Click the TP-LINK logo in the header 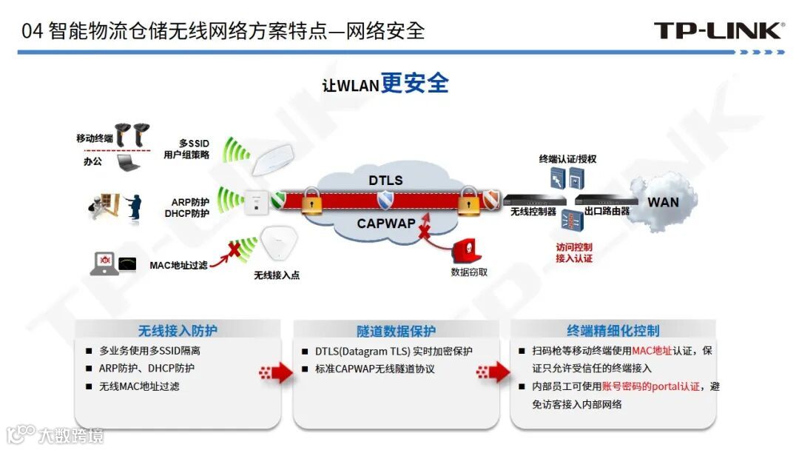tap(718, 30)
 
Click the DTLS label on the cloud tap(385, 181)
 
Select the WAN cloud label tap(663, 202)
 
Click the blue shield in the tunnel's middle tap(385, 201)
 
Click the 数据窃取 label tap(469, 272)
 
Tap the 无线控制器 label tap(533, 212)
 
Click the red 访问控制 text tap(574, 247)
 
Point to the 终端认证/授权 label tap(567, 159)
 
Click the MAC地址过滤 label tap(178, 265)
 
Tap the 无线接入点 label tap(277, 275)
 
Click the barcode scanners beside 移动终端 tap(133, 133)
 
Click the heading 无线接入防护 tap(178, 331)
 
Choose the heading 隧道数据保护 tap(396, 331)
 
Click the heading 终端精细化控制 tap(613, 331)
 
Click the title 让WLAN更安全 tap(385, 84)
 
